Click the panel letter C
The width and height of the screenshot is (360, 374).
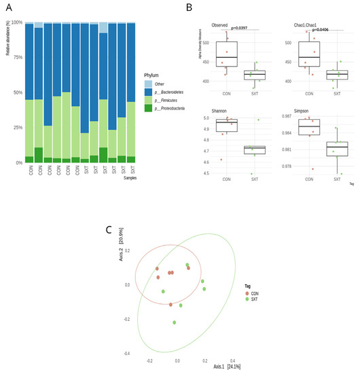point(109,230)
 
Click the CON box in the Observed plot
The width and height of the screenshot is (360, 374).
point(226,54)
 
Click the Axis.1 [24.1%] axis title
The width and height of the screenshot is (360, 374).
point(221,366)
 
